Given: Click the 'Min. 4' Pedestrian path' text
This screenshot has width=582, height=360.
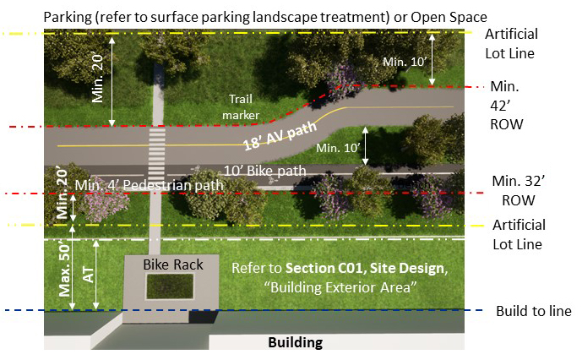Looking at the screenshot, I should click(149, 185).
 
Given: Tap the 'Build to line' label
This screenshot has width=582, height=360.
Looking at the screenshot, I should click(536, 311).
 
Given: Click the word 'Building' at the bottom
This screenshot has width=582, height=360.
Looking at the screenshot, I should click(296, 343).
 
